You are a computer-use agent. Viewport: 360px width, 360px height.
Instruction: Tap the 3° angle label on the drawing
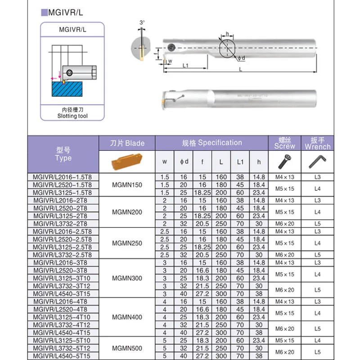coord(142,22)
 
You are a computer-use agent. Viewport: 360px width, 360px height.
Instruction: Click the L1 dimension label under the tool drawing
coord(185,65)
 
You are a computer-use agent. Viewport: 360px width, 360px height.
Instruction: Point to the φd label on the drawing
coord(241,58)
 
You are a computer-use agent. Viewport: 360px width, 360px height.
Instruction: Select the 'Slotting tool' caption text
coord(72,116)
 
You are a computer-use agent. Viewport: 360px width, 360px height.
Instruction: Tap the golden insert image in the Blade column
coord(127,161)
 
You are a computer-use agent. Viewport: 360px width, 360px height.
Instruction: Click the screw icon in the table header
coord(284,161)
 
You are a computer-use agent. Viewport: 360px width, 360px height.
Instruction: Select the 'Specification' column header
coord(211,143)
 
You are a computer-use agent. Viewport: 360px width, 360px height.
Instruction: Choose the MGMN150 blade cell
coord(127,185)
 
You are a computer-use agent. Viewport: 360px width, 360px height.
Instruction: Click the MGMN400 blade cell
coord(127,317)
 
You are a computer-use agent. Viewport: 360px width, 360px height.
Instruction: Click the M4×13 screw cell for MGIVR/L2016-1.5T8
coord(284,177)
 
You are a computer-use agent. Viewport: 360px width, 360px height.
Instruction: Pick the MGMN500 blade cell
coord(127,348)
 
